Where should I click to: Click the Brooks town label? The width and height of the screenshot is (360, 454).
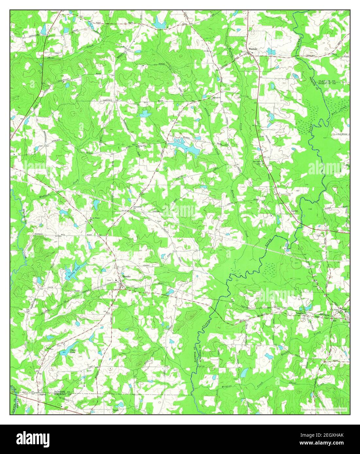127,276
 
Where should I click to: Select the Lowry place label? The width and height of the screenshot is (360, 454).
295,211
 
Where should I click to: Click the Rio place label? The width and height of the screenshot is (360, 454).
335,321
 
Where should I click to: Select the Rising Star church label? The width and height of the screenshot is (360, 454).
142,146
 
